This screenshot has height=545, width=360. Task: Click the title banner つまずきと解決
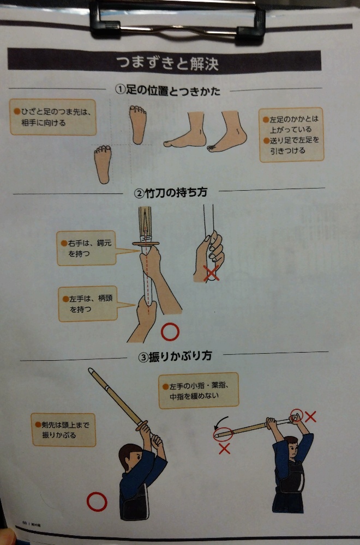[x=164, y=62]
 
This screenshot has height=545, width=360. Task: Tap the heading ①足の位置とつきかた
[x=167, y=90]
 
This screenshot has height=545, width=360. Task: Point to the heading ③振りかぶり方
[x=175, y=356]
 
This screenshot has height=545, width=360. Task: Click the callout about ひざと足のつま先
[x=53, y=117]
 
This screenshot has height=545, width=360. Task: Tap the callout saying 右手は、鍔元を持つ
[x=86, y=248]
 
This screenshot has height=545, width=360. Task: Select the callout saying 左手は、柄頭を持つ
[x=88, y=304]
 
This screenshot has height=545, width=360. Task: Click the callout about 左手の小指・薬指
[x=199, y=390]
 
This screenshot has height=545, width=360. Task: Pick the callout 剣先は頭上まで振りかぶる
[x=63, y=429]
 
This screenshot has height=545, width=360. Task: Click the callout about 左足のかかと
[x=291, y=135]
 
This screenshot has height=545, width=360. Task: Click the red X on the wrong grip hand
[x=211, y=273]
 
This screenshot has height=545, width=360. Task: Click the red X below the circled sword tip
[x=224, y=449]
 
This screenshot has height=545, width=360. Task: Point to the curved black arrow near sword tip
[x=218, y=421]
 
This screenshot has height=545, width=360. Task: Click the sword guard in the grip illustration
[x=146, y=244]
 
